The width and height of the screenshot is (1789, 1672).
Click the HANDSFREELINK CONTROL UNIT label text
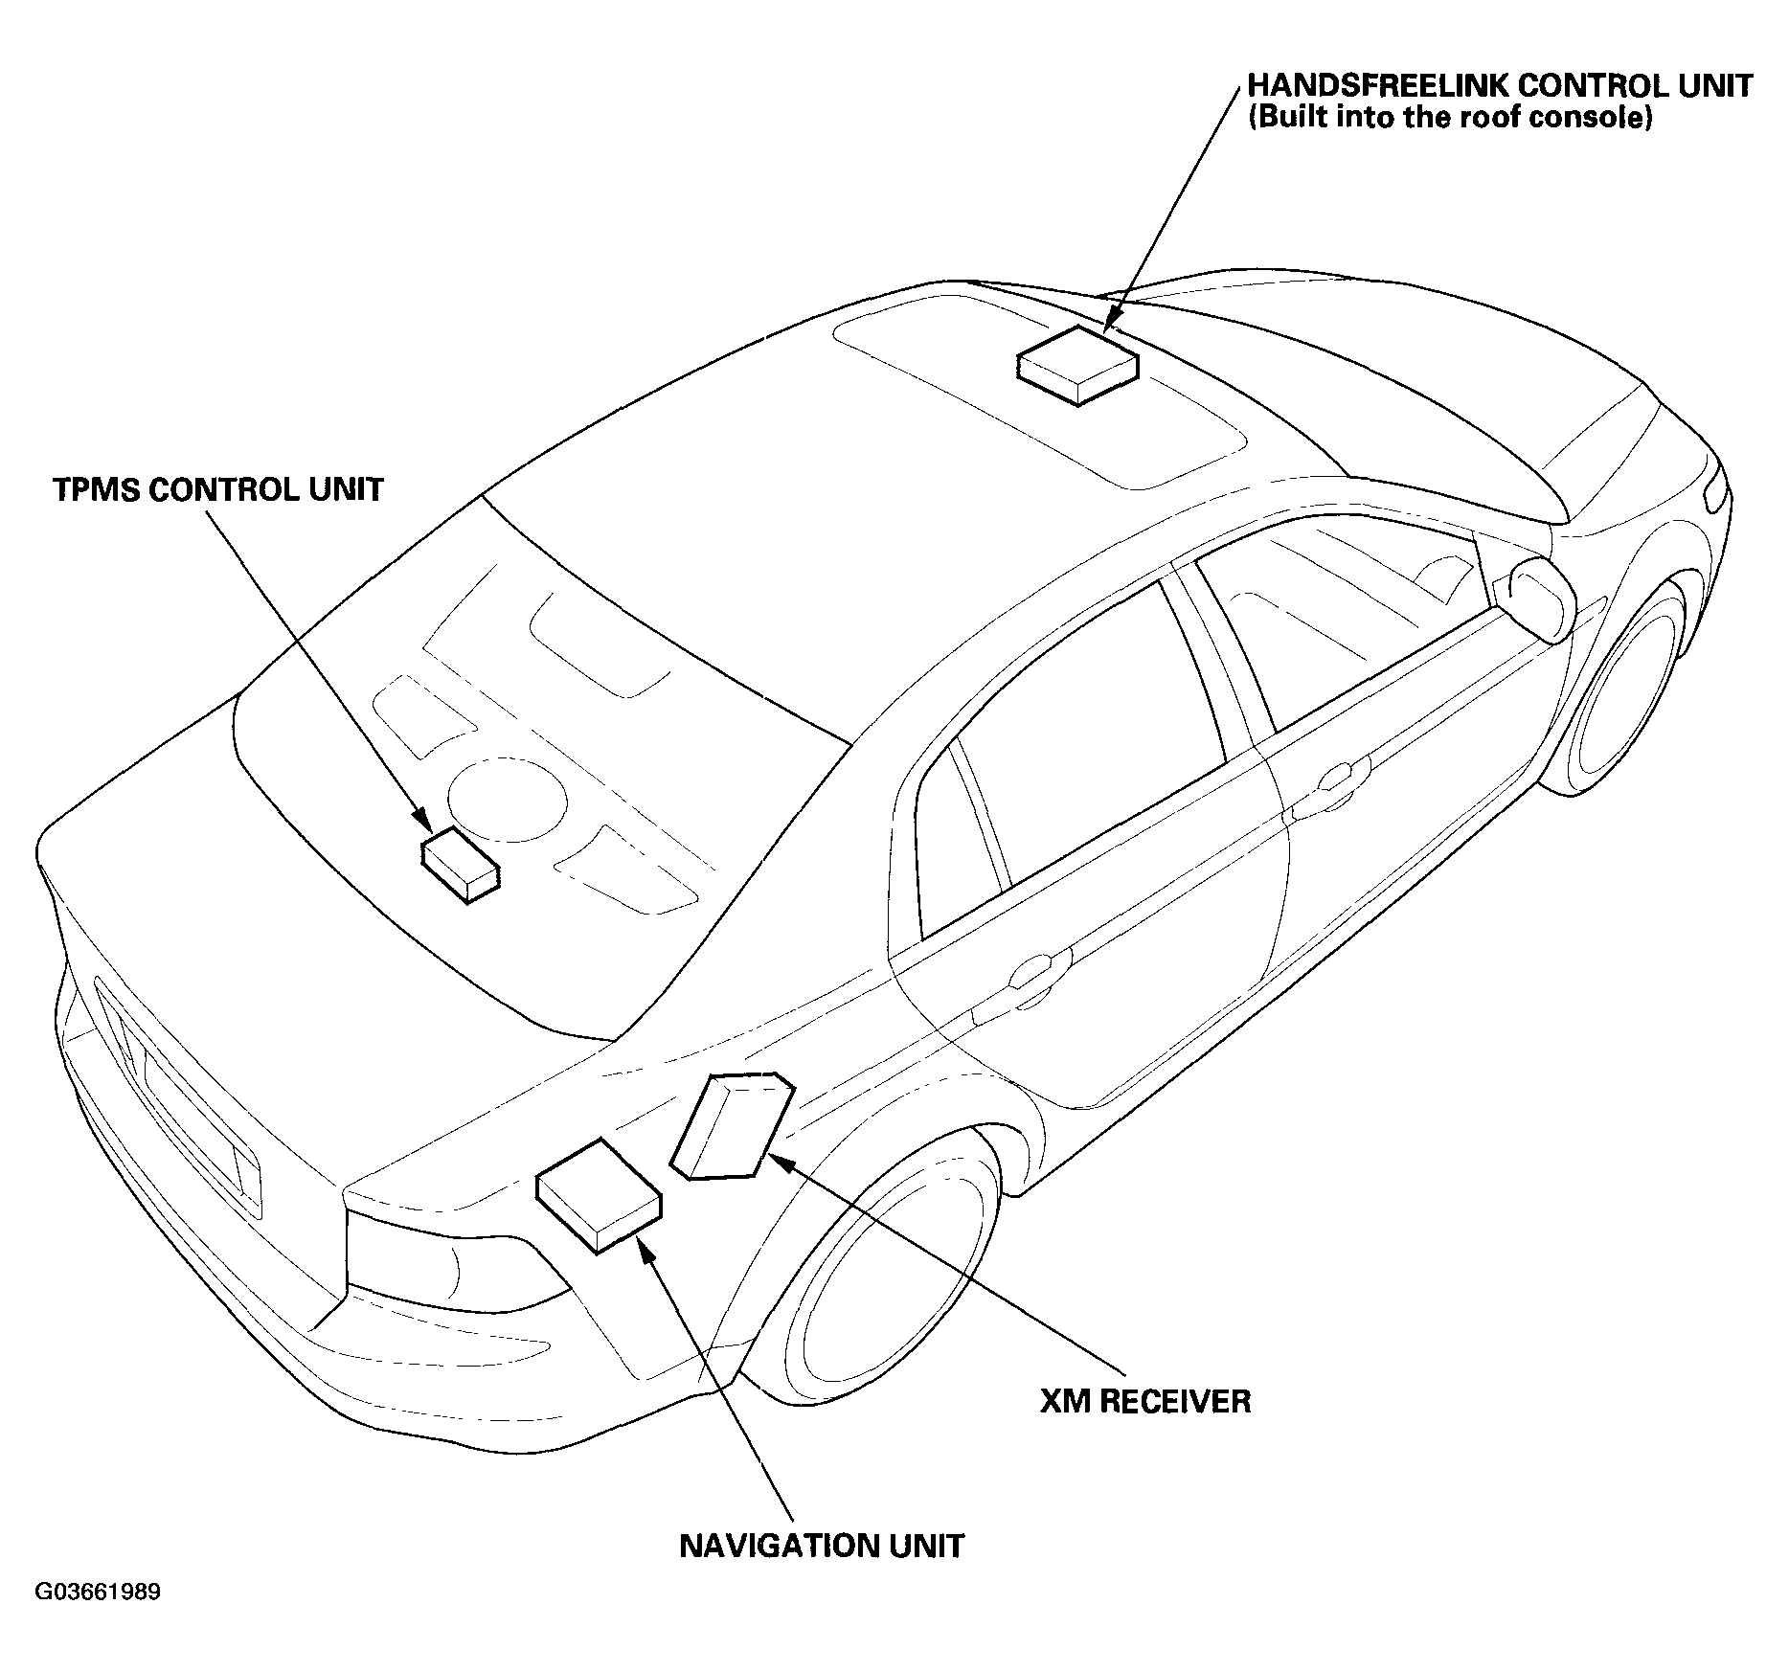point(1500,85)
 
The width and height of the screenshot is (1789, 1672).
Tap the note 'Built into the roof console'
point(1451,120)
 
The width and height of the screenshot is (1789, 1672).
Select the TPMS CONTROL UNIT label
point(218,490)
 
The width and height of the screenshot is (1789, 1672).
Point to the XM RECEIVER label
point(1145,1402)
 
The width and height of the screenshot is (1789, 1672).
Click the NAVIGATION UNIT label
point(822,1546)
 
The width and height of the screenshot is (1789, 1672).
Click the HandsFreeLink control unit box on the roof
point(1077,367)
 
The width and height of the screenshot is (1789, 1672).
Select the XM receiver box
point(733,1126)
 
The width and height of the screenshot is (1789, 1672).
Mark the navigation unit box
point(599,1196)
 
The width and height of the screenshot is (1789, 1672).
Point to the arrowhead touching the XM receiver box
point(780,1163)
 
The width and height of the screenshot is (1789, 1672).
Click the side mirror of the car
point(1539,599)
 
